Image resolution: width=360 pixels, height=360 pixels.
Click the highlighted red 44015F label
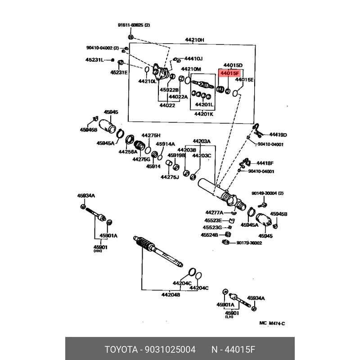(x=230, y=72)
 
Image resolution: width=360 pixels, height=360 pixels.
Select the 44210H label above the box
(x=194, y=40)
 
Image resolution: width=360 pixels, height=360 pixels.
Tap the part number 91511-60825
(x=134, y=25)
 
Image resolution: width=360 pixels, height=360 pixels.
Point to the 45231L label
(x=94, y=59)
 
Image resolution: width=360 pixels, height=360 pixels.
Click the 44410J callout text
(x=194, y=58)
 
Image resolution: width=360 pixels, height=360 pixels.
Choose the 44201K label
(x=203, y=114)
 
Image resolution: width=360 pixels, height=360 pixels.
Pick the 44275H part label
(x=151, y=135)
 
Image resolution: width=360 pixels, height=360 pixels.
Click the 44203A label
(x=201, y=141)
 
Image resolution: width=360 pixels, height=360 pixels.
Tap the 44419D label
(x=278, y=135)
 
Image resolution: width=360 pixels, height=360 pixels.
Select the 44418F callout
(x=265, y=163)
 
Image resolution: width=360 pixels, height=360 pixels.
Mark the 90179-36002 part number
(x=249, y=243)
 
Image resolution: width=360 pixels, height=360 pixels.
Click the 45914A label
(x=165, y=144)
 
